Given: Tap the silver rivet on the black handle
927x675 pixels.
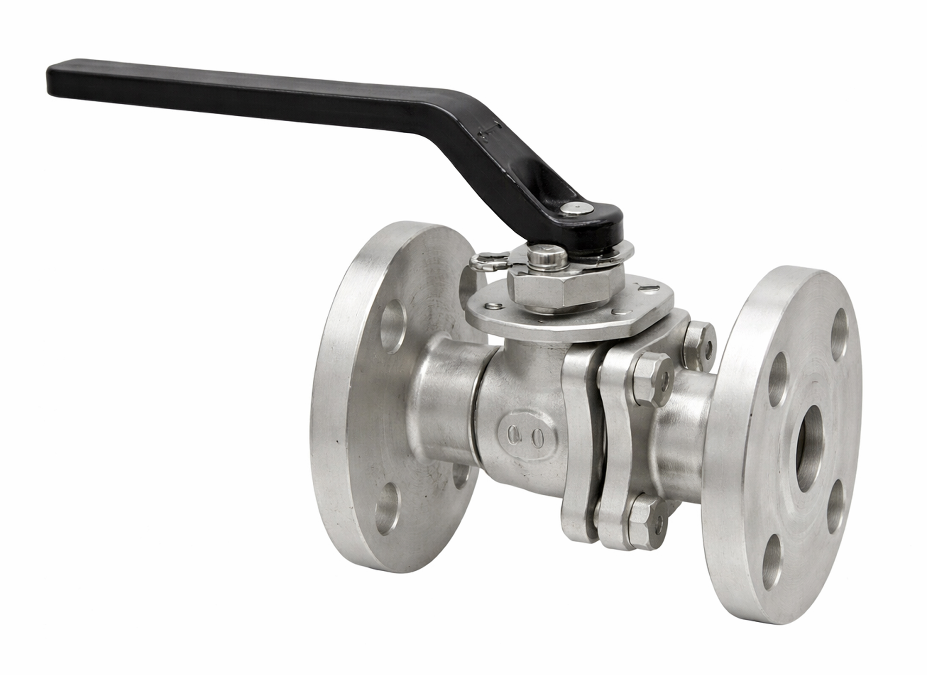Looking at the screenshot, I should tap(577, 208).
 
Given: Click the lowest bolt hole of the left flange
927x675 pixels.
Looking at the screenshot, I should tap(386, 508).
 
